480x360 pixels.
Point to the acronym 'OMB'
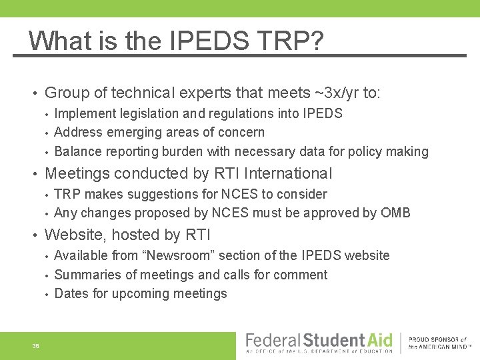click(395, 213)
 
